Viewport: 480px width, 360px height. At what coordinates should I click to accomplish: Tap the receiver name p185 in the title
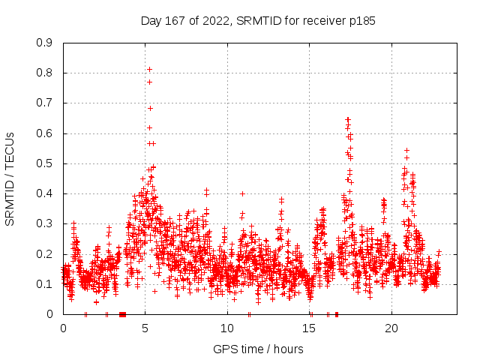pos(361,21)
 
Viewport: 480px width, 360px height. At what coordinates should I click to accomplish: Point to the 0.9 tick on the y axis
pos(44,43)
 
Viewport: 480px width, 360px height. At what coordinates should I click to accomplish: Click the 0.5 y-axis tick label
pos(44,163)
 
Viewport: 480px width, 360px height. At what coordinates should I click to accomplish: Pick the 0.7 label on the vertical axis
pos(44,103)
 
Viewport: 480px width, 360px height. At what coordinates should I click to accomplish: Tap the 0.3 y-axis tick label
pos(44,223)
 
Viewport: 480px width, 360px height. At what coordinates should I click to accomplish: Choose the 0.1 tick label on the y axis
pos(44,284)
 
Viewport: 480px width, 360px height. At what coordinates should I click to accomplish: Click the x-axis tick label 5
pos(145,328)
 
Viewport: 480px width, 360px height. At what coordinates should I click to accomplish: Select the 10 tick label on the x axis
pos(227,328)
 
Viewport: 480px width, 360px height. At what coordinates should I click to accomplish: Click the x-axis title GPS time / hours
pos(258,349)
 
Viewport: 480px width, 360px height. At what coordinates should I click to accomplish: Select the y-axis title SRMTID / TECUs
pos(10,178)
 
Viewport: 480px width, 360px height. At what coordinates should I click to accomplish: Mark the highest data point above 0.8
pos(149,70)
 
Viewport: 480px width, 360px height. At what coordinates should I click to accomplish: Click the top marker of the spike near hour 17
pos(347,119)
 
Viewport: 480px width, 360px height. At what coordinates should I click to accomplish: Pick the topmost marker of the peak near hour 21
pos(406,150)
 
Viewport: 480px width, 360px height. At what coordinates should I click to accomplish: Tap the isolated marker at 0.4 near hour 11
pos(242,193)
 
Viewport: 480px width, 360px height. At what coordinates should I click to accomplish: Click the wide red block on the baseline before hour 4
pos(122,314)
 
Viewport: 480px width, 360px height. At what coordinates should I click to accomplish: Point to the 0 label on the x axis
pos(63,328)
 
